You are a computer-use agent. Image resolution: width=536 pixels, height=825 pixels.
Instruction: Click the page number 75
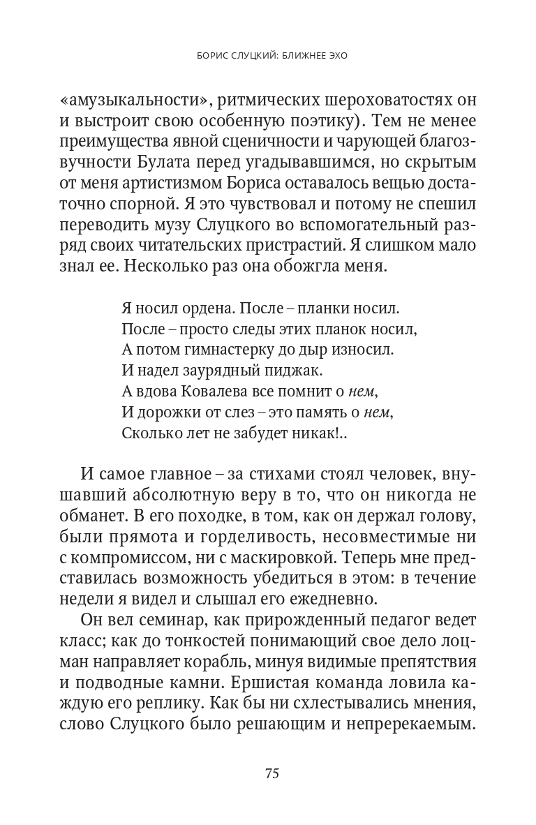[x=272, y=773]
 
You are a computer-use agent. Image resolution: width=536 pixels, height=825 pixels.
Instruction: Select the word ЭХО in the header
[x=336, y=54]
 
